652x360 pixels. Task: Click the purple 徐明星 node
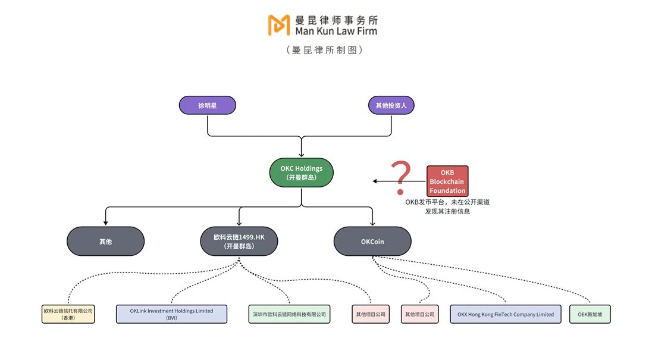pyautogui.click(x=207, y=105)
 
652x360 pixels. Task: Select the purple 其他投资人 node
pyautogui.click(x=391, y=105)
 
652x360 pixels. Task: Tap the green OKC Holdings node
pyautogui.click(x=301, y=173)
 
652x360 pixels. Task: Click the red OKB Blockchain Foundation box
pyautogui.click(x=447, y=181)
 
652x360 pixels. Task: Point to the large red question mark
pyautogui.click(x=403, y=177)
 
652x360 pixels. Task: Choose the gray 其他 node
pyautogui.click(x=105, y=242)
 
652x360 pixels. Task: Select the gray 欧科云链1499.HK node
pyautogui.click(x=239, y=242)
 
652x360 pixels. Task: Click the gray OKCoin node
pyautogui.click(x=372, y=242)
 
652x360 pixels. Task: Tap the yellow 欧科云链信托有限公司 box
pyautogui.click(x=68, y=314)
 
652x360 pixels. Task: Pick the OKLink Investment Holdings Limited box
pyautogui.click(x=171, y=314)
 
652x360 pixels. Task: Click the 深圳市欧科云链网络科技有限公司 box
pyautogui.click(x=289, y=314)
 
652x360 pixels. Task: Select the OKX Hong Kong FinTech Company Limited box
pyautogui.click(x=506, y=314)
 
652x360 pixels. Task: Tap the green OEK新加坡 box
pyautogui.click(x=590, y=314)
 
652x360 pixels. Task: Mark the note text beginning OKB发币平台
pyautogui.click(x=447, y=206)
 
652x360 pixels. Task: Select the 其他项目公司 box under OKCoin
pyautogui.click(x=419, y=314)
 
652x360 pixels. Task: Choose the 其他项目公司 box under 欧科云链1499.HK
pyautogui.click(x=371, y=314)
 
